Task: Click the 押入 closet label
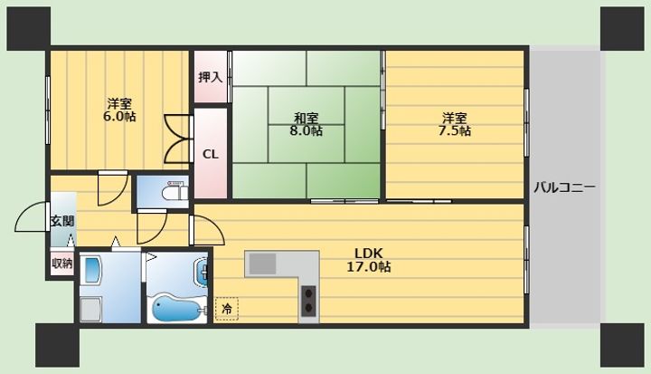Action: pos(210,77)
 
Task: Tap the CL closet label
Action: pos(211,154)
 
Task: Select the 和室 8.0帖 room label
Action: pos(306,124)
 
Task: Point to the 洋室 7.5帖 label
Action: pos(454,124)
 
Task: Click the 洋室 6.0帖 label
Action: pos(119,110)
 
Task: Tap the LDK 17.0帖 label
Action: pos(369,260)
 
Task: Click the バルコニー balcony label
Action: pos(564,187)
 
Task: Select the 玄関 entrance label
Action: pos(62,221)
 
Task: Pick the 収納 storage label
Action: pos(62,264)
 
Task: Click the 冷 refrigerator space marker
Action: pos(227,309)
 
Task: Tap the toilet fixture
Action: pos(175,190)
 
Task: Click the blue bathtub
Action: pos(177,307)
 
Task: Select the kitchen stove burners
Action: pos(308,301)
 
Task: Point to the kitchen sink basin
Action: pos(263,264)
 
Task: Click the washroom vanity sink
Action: pos(92,271)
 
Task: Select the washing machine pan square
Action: pos(90,309)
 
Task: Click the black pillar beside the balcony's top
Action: pos(622,29)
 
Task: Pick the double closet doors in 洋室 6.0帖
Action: pos(178,139)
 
